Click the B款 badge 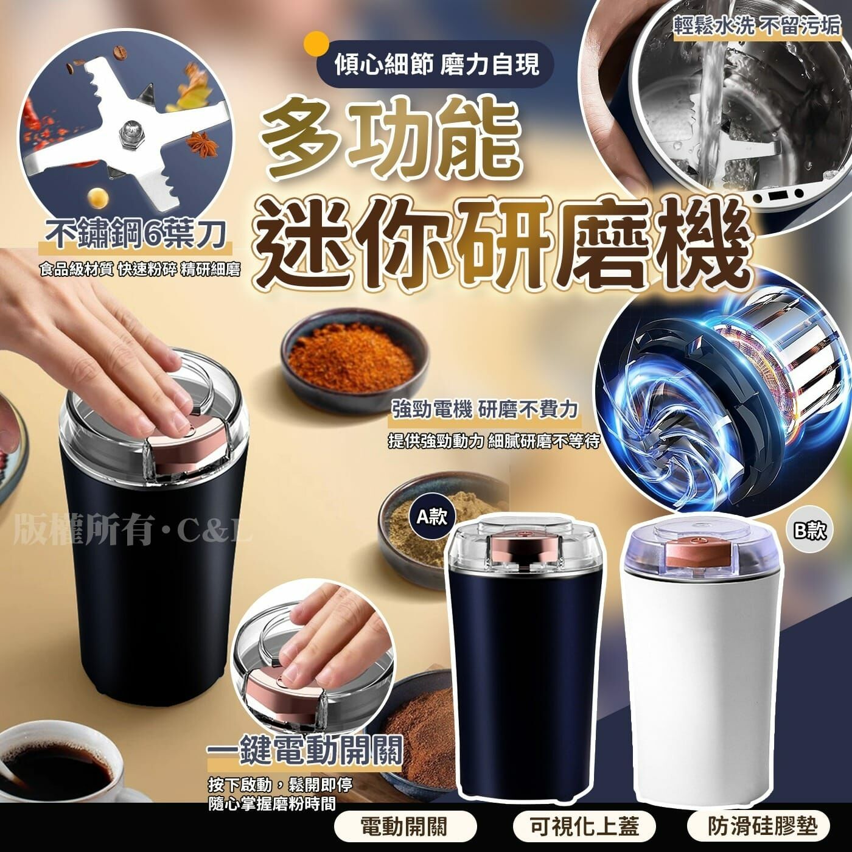(810, 531)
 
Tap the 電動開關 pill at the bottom (403, 826)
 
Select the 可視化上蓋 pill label (584, 826)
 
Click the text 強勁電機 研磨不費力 (484, 409)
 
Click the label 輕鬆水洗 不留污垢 (757, 26)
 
